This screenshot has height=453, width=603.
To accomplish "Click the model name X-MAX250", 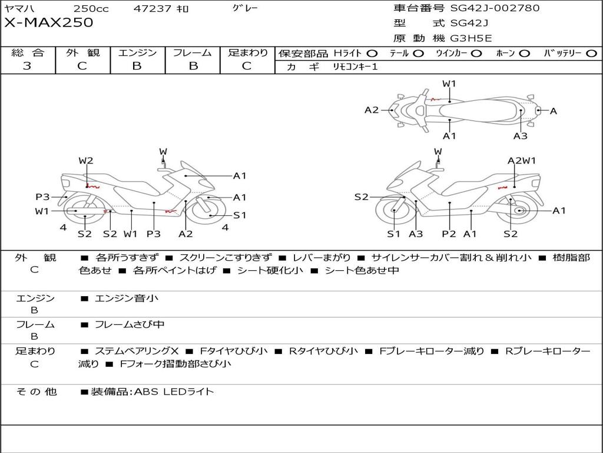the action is coord(49,22).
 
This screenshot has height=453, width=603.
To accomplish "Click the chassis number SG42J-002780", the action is coord(495,8).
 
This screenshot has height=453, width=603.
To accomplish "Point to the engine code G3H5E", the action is coord(471,38).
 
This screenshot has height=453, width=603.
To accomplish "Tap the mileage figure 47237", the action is coord(153,8).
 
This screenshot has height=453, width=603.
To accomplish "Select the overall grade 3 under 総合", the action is coord(27,66).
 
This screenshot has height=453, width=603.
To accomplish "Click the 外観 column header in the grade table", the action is coord(82,52).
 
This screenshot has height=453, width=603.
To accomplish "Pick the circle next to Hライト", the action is coord(372,54).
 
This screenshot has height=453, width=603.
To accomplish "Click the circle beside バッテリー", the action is coord(591,54).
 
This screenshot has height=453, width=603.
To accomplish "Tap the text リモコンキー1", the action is coord(355,67).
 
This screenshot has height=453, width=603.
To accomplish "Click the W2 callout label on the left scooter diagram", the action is coord(86,160).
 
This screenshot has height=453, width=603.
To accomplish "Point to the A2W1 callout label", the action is coord(522,160).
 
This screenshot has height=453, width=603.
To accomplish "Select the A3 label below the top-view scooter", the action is coord(521,136).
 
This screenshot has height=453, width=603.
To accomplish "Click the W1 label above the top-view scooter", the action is coord(449,84).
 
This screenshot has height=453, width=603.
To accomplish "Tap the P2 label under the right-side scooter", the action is coord(449,234).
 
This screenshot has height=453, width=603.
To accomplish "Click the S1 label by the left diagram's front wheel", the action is coord(240,215).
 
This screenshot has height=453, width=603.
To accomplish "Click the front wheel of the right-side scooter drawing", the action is coord(395,211).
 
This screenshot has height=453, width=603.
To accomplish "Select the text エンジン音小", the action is coord(127,298).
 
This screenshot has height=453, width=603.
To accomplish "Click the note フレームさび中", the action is coord(130,325).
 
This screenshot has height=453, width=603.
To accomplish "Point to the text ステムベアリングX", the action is coord(137,351).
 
